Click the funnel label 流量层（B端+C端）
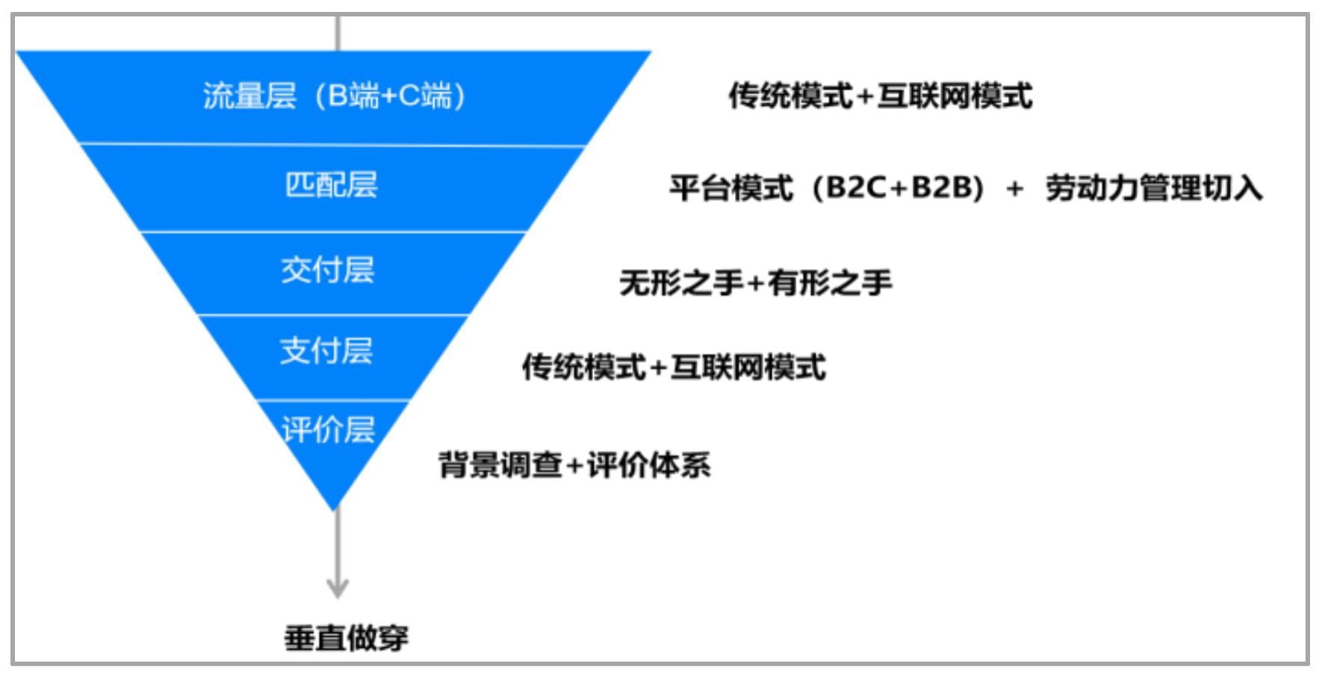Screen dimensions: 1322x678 pyautogui.click(x=335, y=96)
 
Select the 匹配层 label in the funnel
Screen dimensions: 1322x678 pyautogui.click(x=332, y=184)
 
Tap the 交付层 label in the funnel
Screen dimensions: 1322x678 pyautogui.click(x=328, y=270)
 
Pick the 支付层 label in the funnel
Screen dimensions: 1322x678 pyautogui.click(x=326, y=350)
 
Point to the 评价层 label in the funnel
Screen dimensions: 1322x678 pyautogui.click(x=329, y=429)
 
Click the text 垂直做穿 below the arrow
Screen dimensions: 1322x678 pyautogui.click(x=347, y=638)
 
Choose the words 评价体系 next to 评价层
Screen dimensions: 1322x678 pyautogui.click(x=649, y=464)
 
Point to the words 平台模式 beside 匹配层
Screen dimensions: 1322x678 pyautogui.click(x=731, y=187)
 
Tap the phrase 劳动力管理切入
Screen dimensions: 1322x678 pyautogui.click(x=1154, y=187)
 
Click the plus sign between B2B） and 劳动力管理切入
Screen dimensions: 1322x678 pyautogui.click(x=1014, y=189)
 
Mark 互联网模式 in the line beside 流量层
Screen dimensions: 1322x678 pyautogui.click(x=955, y=96)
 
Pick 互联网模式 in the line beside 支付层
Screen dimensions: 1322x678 pyautogui.click(x=748, y=367)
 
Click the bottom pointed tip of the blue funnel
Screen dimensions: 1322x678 pyautogui.click(x=335, y=511)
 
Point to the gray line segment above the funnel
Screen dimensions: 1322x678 pyautogui.click(x=338, y=33)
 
